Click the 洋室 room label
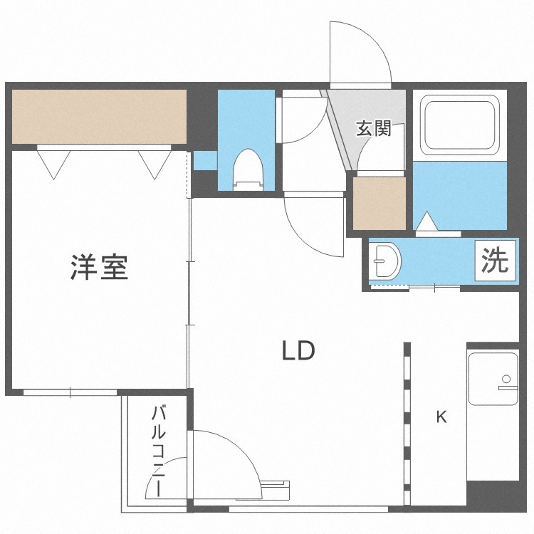tap(99, 267)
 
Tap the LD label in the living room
tap(298, 351)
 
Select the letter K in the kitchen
tap(441, 417)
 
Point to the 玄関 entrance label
tap(374, 128)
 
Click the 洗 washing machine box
tap(495, 261)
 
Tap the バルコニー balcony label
tap(159, 451)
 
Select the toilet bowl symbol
tap(248, 169)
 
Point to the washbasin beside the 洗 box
tap(387, 261)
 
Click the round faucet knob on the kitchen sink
tap(506, 379)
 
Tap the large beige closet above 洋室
tap(100, 117)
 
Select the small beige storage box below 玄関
tap(379, 204)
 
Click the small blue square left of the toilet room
tap(205, 160)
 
